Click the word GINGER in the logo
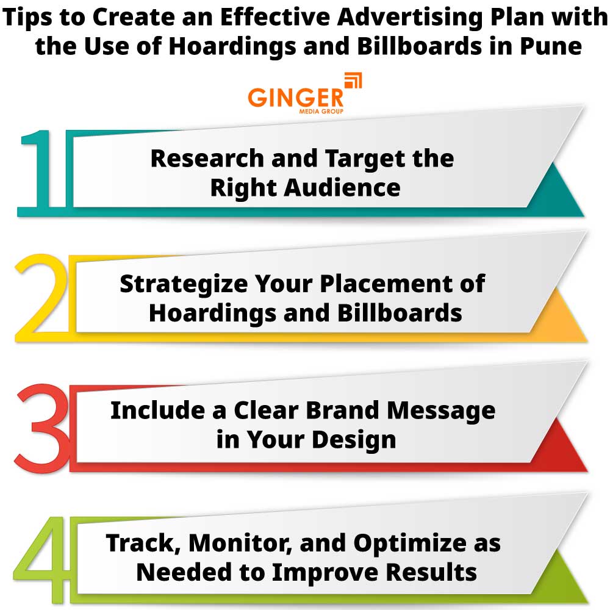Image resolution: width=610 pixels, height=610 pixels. click(x=295, y=98)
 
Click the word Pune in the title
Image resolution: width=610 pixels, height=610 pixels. click(x=548, y=46)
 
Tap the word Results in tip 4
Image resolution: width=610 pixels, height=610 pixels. click(x=426, y=572)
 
